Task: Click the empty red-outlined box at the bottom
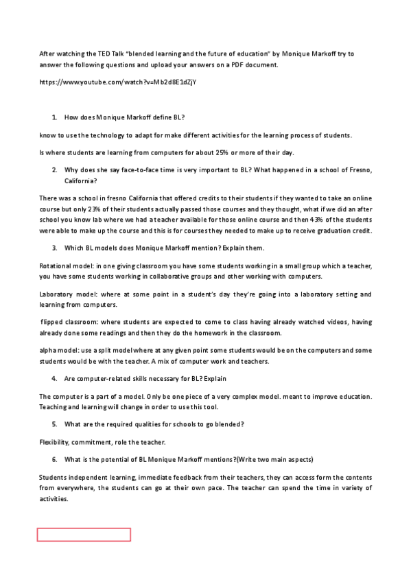(x=84, y=535)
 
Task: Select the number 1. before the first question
(x=54, y=118)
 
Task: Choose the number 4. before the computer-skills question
(x=54, y=378)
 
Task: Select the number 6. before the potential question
(x=54, y=458)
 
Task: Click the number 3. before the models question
(x=54, y=247)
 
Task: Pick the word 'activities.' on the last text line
(x=56, y=500)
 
